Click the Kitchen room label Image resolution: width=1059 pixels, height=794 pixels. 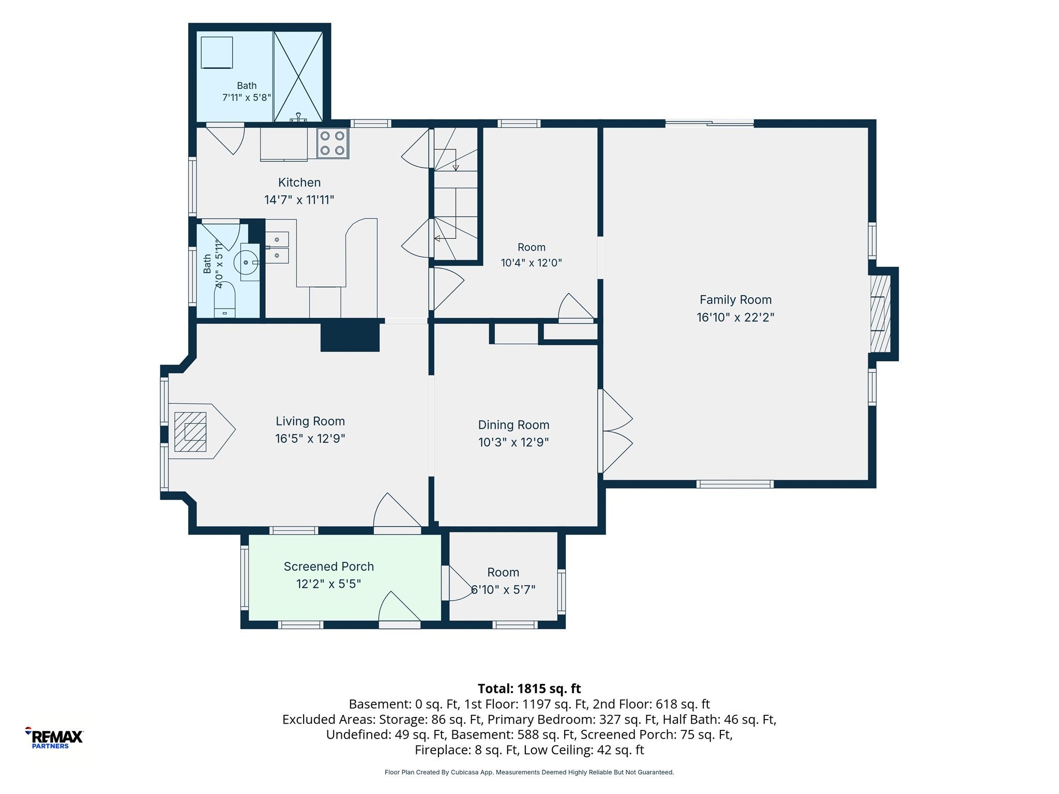click(299, 182)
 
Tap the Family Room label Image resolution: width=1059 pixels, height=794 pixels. click(735, 300)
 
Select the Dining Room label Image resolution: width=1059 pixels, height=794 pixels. click(513, 425)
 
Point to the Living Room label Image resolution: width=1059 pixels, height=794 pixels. click(310, 421)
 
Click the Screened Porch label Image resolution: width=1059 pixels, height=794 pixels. click(329, 567)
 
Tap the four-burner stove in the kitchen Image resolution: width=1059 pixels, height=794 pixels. click(332, 143)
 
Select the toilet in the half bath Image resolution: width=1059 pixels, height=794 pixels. click(224, 299)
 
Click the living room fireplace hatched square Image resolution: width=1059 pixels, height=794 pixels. click(190, 432)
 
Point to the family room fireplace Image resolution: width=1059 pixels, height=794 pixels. click(881, 313)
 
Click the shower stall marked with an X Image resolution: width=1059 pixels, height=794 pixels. click(298, 77)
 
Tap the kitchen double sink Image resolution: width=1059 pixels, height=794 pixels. click(278, 248)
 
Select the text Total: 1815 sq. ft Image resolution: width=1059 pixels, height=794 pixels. click(529, 689)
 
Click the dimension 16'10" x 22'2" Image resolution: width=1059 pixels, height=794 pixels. click(735, 317)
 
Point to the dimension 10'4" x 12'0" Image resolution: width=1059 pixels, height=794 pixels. click(531, 263)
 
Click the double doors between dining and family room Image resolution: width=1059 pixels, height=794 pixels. click(616, 431)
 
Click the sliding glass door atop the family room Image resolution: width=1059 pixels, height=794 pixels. click(709, 123)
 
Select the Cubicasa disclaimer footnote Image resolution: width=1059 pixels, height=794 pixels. click(529, 772)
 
